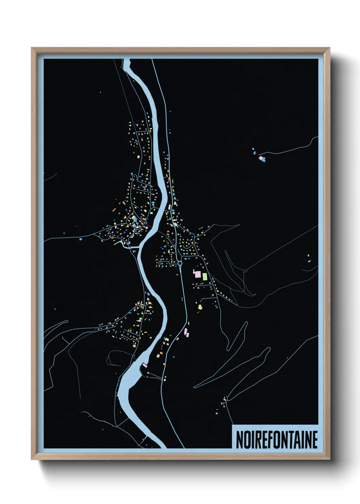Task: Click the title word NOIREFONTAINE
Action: pos(276,440)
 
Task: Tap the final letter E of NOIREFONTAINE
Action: pos(314,440)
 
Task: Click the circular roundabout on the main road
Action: pos(180,263)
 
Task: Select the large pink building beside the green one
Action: pos(197,274)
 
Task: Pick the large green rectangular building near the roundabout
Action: pos(205,276)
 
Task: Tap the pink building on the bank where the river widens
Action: pos(144,365)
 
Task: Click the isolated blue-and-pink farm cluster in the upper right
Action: pos(261,158)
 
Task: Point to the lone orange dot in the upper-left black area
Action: pos(100,92)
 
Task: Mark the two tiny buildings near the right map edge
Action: pos(308,258)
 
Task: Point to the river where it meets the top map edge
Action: pos(126,62)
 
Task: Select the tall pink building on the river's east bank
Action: pos(170,206)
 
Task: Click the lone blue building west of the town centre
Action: pos(81,239)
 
